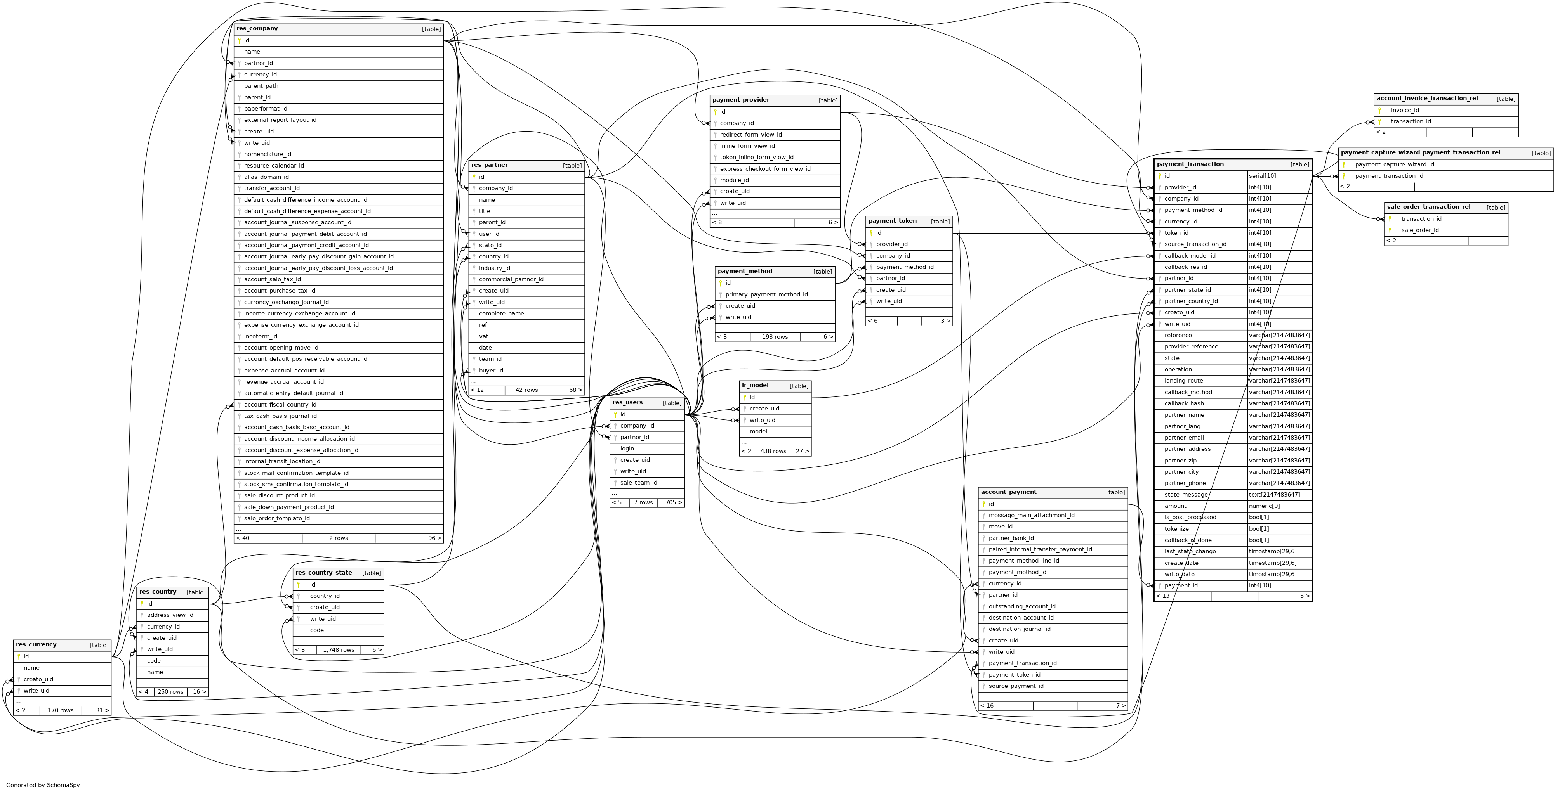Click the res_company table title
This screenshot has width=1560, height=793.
257,28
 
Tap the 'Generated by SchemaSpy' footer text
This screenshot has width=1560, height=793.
43,785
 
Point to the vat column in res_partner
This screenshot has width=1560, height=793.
483,337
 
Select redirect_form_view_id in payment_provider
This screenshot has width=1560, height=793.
750,134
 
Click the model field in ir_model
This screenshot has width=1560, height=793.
758,431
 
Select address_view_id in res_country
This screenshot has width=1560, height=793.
170,615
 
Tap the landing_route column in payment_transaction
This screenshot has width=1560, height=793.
1183,381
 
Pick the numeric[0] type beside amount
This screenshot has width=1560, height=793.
1264,506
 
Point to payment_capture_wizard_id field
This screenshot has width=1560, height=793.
1394,164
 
